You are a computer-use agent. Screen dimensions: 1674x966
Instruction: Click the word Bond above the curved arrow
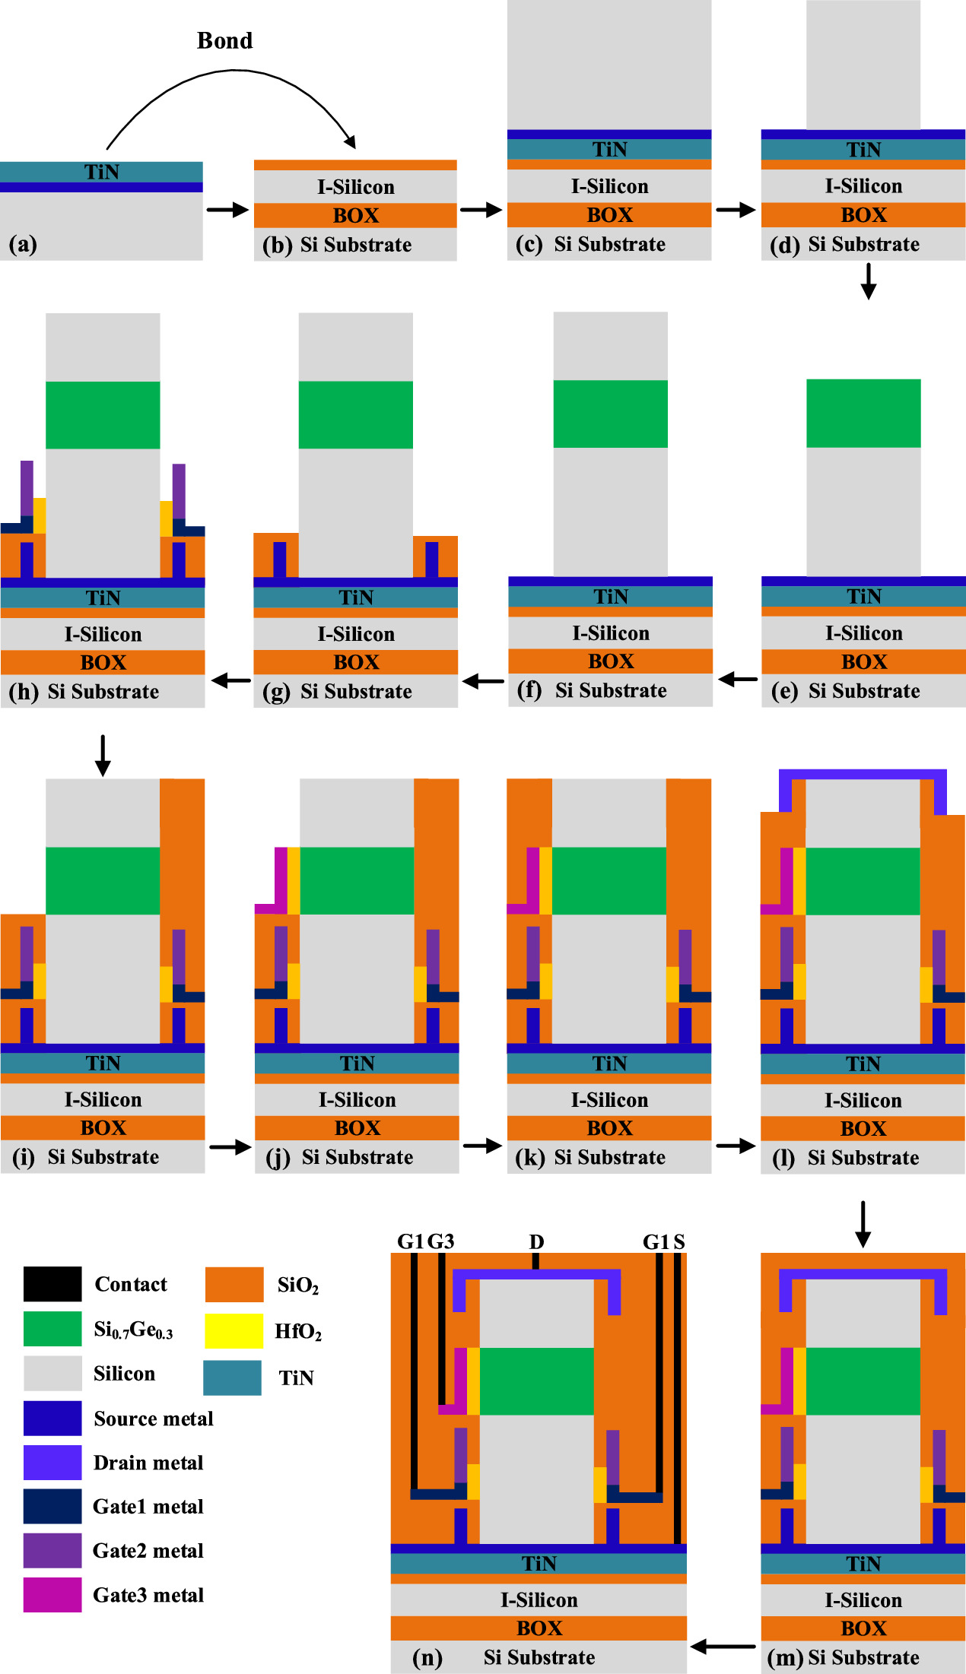[224, 40]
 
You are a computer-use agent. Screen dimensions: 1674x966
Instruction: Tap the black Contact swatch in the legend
[52, 1284]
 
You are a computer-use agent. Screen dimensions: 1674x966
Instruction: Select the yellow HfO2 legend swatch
[234, 1330]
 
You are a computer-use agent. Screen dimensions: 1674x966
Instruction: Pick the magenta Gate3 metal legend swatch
[52, 1594]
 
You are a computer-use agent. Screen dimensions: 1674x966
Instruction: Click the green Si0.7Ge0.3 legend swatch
[52, 1329]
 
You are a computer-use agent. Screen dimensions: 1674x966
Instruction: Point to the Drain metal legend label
[148, 1463]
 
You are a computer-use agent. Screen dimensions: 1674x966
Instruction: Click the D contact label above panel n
[536, 1241]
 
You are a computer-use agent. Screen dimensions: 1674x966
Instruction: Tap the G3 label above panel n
[440, 1241]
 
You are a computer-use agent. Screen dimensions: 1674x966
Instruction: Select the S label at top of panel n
[678, 1241]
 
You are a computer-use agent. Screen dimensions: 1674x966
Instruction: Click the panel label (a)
[23, 244]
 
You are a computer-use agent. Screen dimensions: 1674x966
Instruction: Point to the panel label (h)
[24, 691]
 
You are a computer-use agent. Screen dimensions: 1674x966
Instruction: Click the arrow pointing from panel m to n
[723, 1647]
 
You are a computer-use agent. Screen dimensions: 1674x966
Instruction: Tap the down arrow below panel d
[868, 281]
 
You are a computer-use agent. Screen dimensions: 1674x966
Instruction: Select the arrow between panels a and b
[227, 210]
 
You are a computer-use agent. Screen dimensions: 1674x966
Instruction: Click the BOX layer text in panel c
[609, 215]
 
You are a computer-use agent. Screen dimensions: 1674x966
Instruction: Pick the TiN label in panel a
[101, 172]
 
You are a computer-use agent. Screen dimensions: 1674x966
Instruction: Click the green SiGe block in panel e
[863, 413]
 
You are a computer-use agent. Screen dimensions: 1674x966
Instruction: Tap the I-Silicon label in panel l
[863, 1100]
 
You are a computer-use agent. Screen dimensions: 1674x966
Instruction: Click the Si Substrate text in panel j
[357, 1157]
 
